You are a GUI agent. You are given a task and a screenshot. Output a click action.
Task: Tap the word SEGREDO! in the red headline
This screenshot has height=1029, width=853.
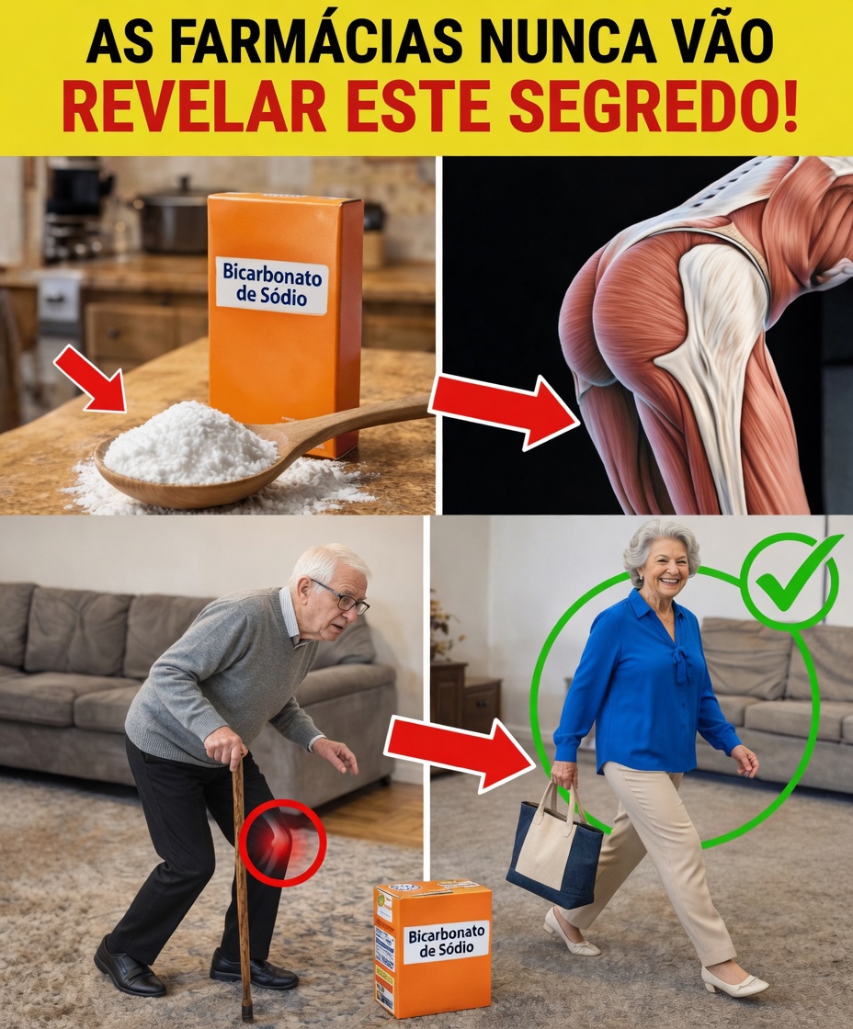click(654, 107)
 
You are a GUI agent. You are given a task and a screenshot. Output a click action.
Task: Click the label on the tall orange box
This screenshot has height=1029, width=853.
click(273, 285)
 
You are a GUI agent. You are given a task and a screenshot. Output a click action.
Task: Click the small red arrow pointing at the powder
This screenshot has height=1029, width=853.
click(90, 379)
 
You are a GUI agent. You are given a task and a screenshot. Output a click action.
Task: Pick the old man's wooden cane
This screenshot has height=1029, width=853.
click(241, 882)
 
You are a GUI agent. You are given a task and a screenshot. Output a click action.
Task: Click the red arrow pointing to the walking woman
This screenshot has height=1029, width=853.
click(459, 750)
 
